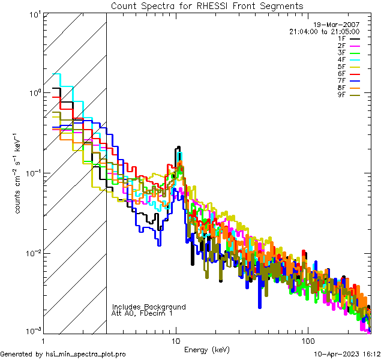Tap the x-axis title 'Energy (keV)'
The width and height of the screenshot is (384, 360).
click(206, 349)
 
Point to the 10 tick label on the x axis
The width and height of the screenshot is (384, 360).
click(176, 340)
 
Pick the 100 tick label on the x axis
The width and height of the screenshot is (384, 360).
click(307, 340)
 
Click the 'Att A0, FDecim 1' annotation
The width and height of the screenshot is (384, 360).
click(142, 313)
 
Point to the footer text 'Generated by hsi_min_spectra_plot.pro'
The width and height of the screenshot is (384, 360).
click(63, 354)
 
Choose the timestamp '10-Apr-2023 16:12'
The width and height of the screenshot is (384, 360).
click(348, 354)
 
